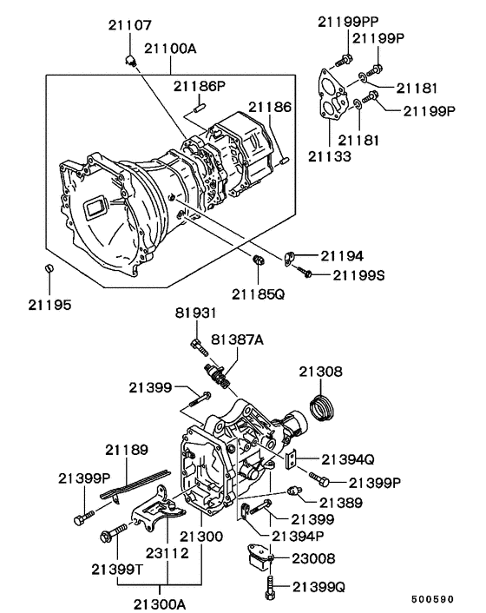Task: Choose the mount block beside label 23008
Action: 259,559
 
